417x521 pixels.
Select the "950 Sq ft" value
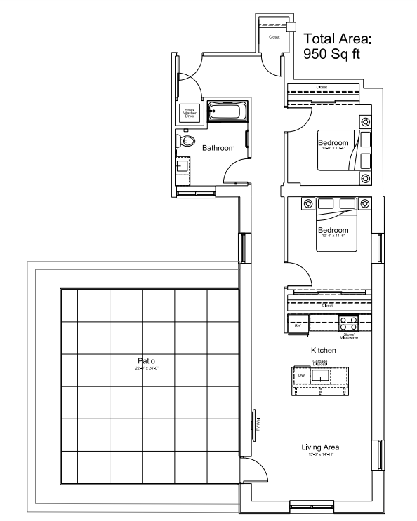331,54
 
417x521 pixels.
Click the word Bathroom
218,148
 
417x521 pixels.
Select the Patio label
147,360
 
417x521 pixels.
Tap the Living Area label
321,447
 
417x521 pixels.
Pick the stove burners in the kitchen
348,323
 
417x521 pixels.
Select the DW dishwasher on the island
301,376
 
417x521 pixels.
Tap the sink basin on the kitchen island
322,376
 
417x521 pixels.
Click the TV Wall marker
257,424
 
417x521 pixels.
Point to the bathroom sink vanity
181,167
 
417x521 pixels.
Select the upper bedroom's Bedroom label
333,143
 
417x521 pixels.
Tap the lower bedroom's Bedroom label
333,230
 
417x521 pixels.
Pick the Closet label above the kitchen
326,306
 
